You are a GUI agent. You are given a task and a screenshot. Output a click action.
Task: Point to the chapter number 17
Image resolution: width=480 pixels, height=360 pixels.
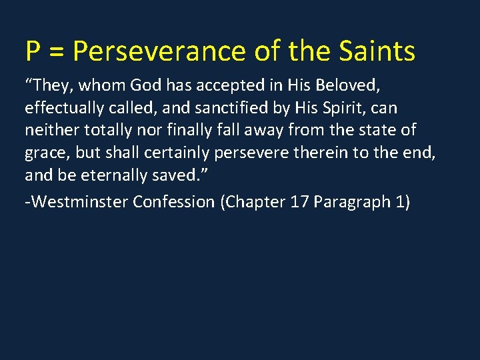point(299,201)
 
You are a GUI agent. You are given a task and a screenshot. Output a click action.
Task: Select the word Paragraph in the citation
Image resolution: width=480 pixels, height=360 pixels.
point(351,201)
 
